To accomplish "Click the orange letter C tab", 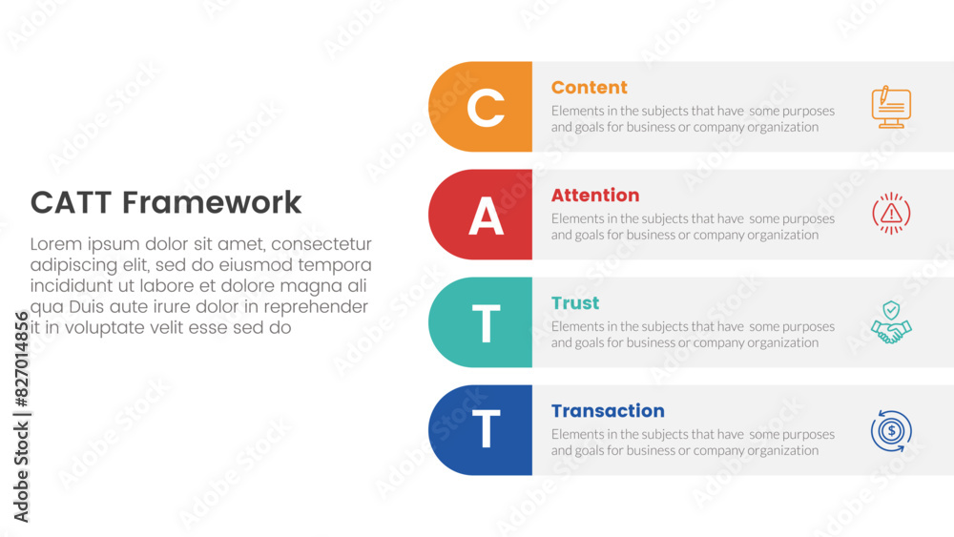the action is pyautogui.click(x=481, y=107).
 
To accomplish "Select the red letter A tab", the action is pyautogui.click(x=481, y=215).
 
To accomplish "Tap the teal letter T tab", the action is pyautogui.click(x=481, y=322).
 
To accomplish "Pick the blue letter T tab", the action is pyautogui.click(x=481, y=430).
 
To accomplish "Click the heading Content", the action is pyautogui.click(x=589, y=88).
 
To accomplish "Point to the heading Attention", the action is pyautogui.click(x=595, y=196).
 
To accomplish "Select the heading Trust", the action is pyautogui.click(x=575, y=303).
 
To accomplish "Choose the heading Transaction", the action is pyautogui.click(x=608, y=411).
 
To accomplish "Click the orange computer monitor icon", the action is pyautogui.click(x=891, y=107).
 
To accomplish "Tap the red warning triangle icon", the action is pyautogui.click(x=891, y=214).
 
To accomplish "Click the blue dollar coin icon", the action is pyautogui.click(x=891, y=431).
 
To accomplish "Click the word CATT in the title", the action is pyautogui.click(x=71, y=202).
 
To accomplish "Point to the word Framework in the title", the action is pyautogui.click(x=212, y=202).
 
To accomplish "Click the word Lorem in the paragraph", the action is pyautogui.click(x=56, y=244).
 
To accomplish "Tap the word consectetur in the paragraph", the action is pyautogui.click(x=321, y=244).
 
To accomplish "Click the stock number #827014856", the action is pyautogui.click(x=21, y=359).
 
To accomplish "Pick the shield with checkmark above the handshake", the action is pyautogui.click(x=891, y=310).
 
